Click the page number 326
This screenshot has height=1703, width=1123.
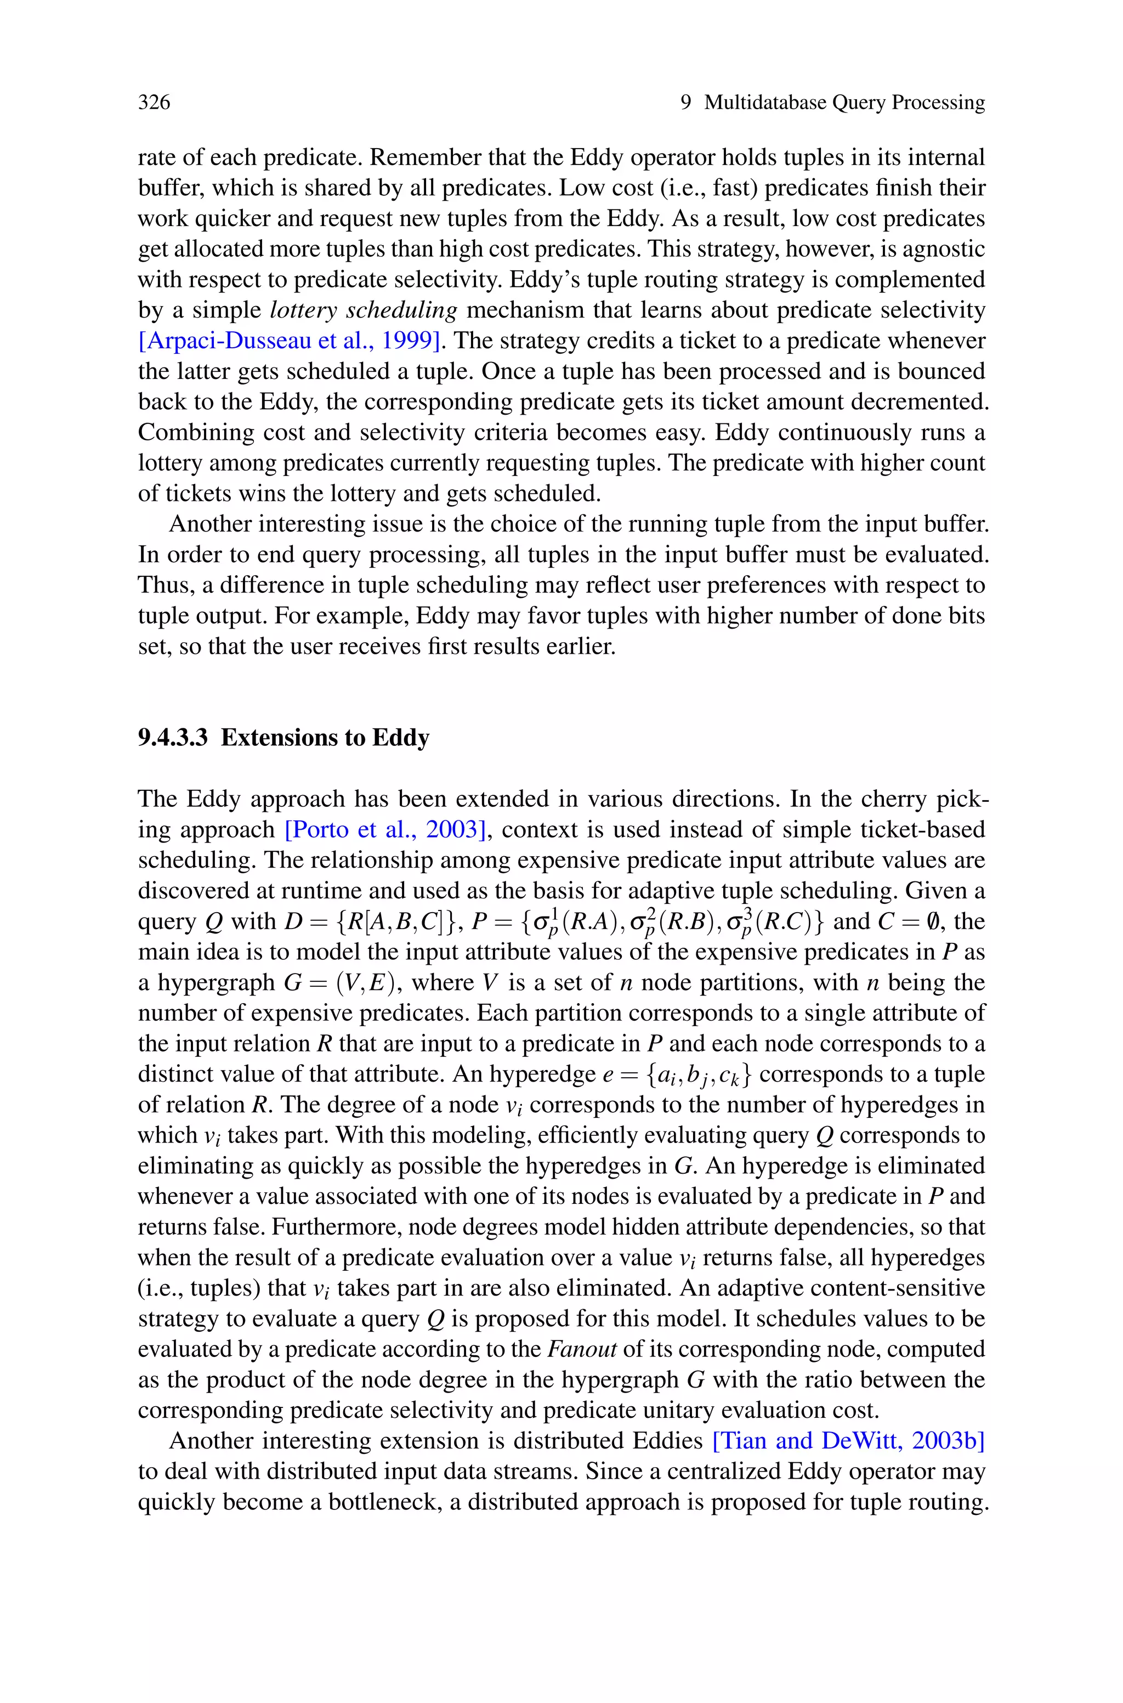click(154, 103)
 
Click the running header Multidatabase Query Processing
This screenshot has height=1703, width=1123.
click(844, 103)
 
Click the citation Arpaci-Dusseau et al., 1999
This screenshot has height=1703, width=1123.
click(288, 340)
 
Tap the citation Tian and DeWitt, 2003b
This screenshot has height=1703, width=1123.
click(849, 1440)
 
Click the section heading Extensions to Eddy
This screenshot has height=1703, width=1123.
click(325, 738)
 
